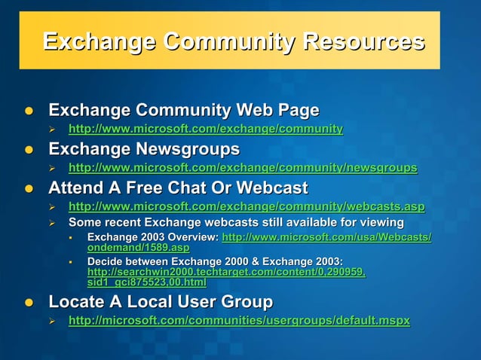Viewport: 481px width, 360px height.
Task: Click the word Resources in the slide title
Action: (x=363, y=41)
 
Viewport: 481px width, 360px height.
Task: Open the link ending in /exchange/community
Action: (x=205, y=129)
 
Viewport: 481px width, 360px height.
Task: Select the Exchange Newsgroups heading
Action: (x=144, y=148)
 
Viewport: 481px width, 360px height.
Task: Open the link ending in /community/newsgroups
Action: (x=243, y=167)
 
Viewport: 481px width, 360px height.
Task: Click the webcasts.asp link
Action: (x=247, y=206)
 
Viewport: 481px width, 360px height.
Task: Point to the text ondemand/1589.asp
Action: (x=138, y=247)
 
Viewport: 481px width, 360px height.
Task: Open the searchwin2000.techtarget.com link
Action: (x=226, y=272)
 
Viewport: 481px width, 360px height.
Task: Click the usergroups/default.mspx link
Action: (x=239, y=321)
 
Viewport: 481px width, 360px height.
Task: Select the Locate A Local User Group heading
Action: (x=161, y=302)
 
